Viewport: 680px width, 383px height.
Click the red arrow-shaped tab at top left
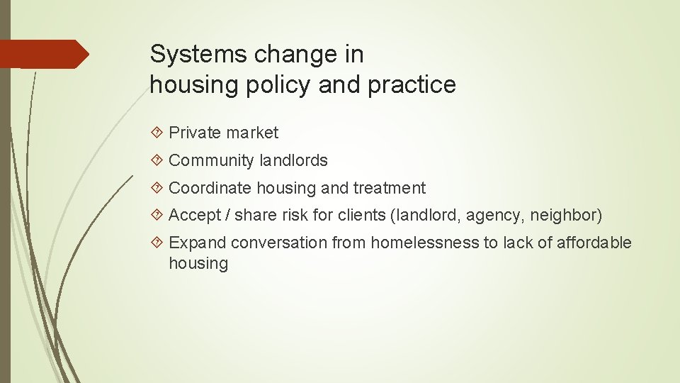[x=45, y=54]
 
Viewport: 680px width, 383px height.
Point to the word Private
[x=195, y=133]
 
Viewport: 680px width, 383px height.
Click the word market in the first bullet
[x=253, y=133]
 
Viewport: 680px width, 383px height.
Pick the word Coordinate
[x=210, y=188]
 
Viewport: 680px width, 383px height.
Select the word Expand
[x=198, y=243]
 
